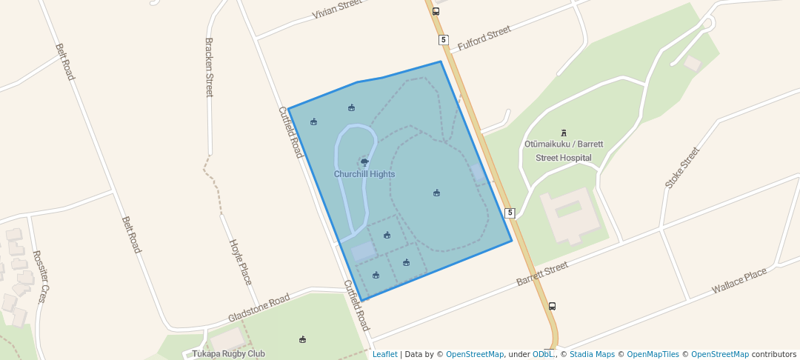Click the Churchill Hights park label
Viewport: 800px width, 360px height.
point(364,174)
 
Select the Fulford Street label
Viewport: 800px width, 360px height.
point(484,39)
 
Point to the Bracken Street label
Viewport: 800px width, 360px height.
point(209,67)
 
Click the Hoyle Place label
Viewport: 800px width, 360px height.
point(240,262)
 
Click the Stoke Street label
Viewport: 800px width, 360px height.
point(682,168)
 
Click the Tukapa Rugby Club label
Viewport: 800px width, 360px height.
point(228,354)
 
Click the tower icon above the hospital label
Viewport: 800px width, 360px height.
point(564,133)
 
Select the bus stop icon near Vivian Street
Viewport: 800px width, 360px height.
point(436,11)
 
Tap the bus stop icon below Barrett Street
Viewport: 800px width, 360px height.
point(552,306)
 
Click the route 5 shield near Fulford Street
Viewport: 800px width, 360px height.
point(443,39)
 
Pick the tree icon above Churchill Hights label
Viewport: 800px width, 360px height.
point(364,161)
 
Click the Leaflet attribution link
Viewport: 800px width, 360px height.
point(384,354)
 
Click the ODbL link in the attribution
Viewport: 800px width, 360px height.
point(544,354)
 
